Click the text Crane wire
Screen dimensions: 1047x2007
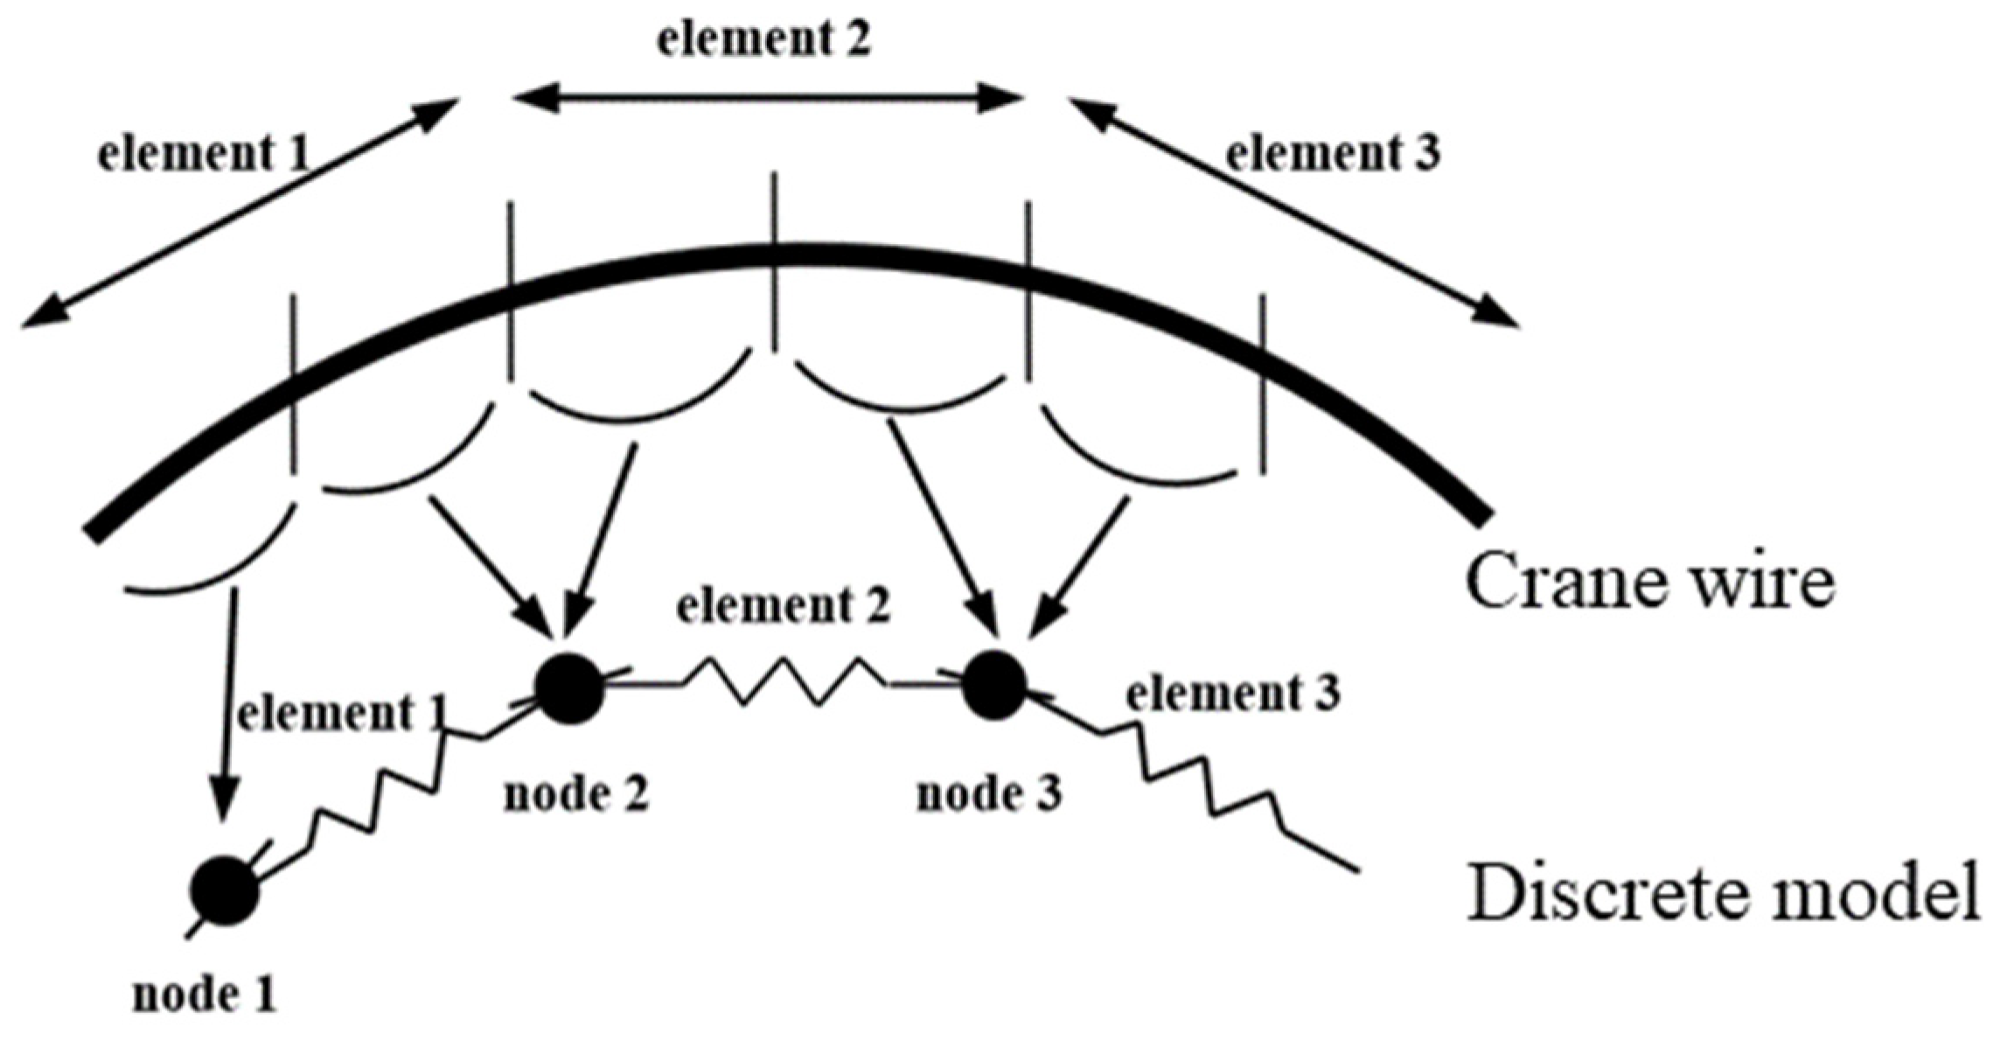point(1649,582)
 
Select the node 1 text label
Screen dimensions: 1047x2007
point(204,995)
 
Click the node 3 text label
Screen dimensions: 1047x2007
point(989,795)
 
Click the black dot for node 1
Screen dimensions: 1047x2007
point(226,891)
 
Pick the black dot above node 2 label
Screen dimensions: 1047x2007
point(570,688)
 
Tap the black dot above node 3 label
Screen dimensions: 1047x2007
point(994,685)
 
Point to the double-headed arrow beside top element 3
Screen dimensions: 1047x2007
point(1293,213)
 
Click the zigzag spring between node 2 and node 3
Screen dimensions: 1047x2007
point(783,683)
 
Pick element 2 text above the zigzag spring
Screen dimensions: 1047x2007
point(784,606)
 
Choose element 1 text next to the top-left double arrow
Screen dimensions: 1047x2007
point(204,155)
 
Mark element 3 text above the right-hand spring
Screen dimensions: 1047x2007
point(1232,695)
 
